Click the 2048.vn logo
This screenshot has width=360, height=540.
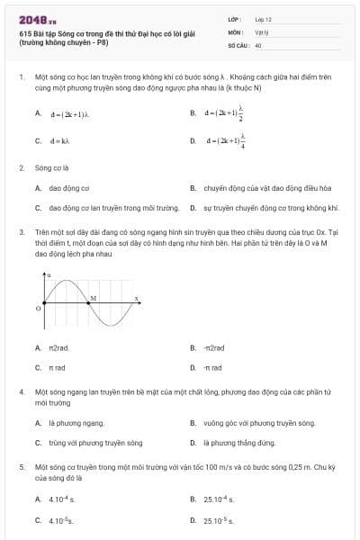point(37,18)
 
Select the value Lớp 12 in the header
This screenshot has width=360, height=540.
point(263,18)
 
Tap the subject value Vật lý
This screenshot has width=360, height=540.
point(261,31)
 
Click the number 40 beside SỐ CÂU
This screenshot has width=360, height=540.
point(258,44)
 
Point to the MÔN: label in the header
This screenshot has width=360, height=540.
point(236,31)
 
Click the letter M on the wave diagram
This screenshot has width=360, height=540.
point(94,296)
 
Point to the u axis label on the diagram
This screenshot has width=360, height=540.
point(49,273)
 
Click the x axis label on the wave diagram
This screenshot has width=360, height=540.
point(136,297)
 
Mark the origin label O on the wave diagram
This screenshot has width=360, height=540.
point(38,308)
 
